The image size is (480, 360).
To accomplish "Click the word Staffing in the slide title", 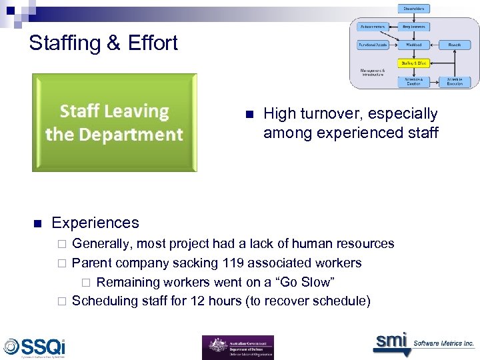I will pos(64,43).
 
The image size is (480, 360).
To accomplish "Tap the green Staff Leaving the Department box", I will pos(114,123).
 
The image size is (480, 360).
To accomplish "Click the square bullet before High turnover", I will pos(249,115).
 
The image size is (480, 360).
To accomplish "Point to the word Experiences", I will pos(95,223).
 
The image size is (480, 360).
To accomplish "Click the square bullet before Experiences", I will pos(37,223).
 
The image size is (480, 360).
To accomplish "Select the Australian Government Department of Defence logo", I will pos(237,347).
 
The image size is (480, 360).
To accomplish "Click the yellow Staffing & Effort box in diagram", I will pos(415,63).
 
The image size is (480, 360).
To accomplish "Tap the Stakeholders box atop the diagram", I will pos(415,9).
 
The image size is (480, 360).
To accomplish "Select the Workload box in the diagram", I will pos(415,45).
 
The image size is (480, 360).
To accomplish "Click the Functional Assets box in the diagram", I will pos(373,45).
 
